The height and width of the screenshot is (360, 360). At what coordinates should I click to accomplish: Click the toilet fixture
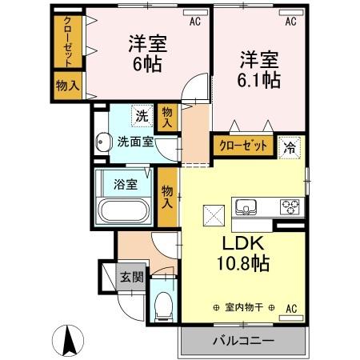pos(163,303)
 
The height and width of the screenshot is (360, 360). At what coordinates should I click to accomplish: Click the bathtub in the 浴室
pos(123,213)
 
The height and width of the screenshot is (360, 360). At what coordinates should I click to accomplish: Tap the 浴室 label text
pos(125,184)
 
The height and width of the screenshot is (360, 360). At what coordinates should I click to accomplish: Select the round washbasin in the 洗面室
pos(102,144)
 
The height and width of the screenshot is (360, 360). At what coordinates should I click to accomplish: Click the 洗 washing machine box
pos(141,114)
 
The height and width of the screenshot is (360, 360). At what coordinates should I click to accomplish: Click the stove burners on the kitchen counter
pos(289,206)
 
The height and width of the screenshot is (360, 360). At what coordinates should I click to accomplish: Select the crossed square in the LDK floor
pos(213,215)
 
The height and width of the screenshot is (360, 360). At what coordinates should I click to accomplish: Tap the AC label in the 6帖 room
pos(194,23)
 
